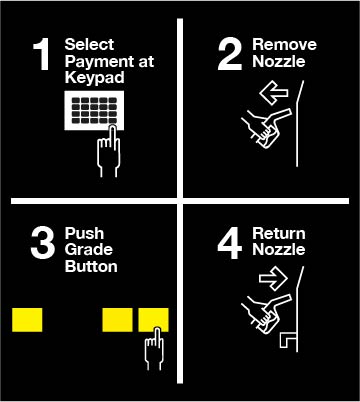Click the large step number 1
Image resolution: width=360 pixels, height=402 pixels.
click(42, 54)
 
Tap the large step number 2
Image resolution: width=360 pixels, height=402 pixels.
click(230, 54)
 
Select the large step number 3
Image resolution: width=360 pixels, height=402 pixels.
click(43, 243)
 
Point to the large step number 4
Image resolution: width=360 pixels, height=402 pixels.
click(229, 243)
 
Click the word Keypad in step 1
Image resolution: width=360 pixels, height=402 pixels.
click(95, 78)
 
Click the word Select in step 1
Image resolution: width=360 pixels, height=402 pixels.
click(89, 44)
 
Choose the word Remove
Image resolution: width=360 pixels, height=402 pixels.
click(284, 44)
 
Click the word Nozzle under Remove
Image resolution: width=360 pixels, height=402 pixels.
click(279, 61)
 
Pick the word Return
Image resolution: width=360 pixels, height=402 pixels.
click(279, 233)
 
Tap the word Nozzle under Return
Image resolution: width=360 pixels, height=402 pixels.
click(279, 249)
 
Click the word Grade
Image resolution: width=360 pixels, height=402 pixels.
click(89, 250)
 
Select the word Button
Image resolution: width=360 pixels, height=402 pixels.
click(91, 266)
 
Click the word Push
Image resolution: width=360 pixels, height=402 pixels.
click(84, 233)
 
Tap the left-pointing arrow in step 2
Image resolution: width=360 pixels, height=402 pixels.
click(273, 93)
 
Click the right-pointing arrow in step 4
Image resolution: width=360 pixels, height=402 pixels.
click(273, 278)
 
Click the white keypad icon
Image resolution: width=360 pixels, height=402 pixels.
click(94, 111)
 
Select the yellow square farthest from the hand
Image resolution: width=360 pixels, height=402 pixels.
click(27, 320)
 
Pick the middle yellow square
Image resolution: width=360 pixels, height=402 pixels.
click(117, 320)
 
